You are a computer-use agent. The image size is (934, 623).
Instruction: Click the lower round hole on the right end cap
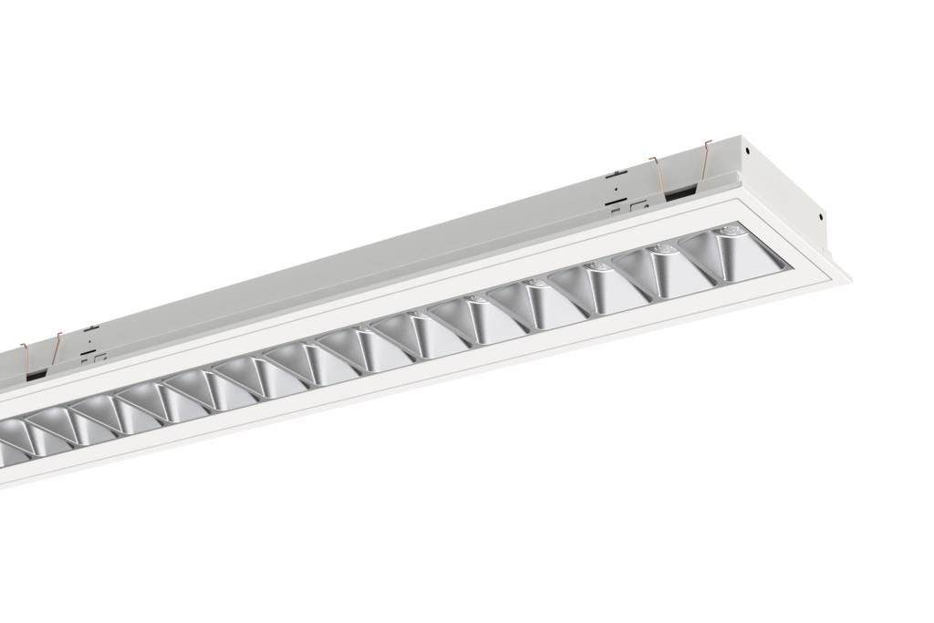822,216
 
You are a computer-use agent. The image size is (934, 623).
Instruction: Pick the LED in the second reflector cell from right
663,247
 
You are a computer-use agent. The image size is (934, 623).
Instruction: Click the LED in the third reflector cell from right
599,266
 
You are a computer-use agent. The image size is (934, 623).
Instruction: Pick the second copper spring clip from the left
58,346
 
